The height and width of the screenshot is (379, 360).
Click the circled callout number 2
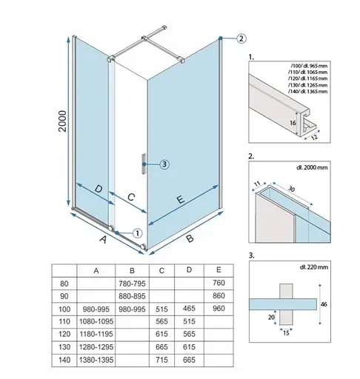pos(241,38)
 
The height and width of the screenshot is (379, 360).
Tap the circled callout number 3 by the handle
pos(164,164)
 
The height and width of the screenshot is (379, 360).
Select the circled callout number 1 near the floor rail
pos(138,233)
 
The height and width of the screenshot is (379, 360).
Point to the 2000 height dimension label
pos(63,121)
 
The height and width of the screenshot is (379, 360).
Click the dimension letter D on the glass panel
pos(99,189)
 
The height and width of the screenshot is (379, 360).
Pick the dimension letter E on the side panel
pos(181,199)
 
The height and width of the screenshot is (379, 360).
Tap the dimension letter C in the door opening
pos(131,197)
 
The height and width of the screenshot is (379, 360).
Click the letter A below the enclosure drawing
pos(104,239)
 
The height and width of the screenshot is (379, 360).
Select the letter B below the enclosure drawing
pos(190,238)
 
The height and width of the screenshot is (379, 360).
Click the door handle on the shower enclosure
pos(144,164)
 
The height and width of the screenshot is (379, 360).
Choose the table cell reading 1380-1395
pos(96,360)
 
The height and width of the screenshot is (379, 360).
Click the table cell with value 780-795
pos(132,284)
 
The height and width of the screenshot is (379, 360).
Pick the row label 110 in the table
pos(64,321)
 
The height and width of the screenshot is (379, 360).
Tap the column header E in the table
pos(219,270)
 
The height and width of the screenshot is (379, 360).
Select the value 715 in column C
pos(161,360)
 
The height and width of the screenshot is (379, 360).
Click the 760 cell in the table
pos(219,283)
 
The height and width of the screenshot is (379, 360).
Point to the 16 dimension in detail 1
pos(293,123)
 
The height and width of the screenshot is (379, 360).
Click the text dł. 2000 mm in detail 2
pos(312,167)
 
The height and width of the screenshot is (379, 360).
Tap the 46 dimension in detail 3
pos(324,304)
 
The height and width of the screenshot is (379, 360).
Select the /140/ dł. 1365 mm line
pos(307,91)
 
